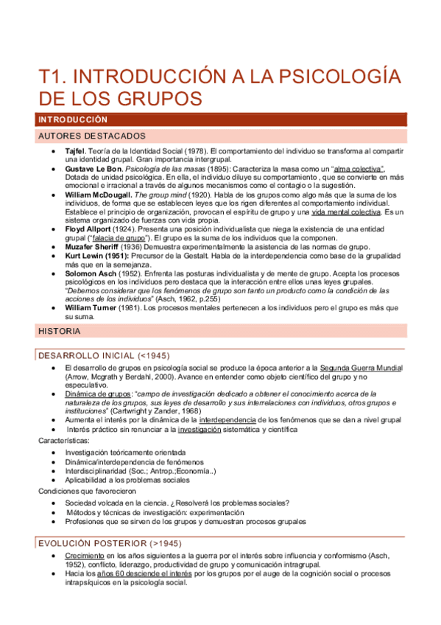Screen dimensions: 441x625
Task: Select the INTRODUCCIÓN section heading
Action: click(73, 119)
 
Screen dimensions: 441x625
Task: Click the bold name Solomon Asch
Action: click(90, 273)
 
